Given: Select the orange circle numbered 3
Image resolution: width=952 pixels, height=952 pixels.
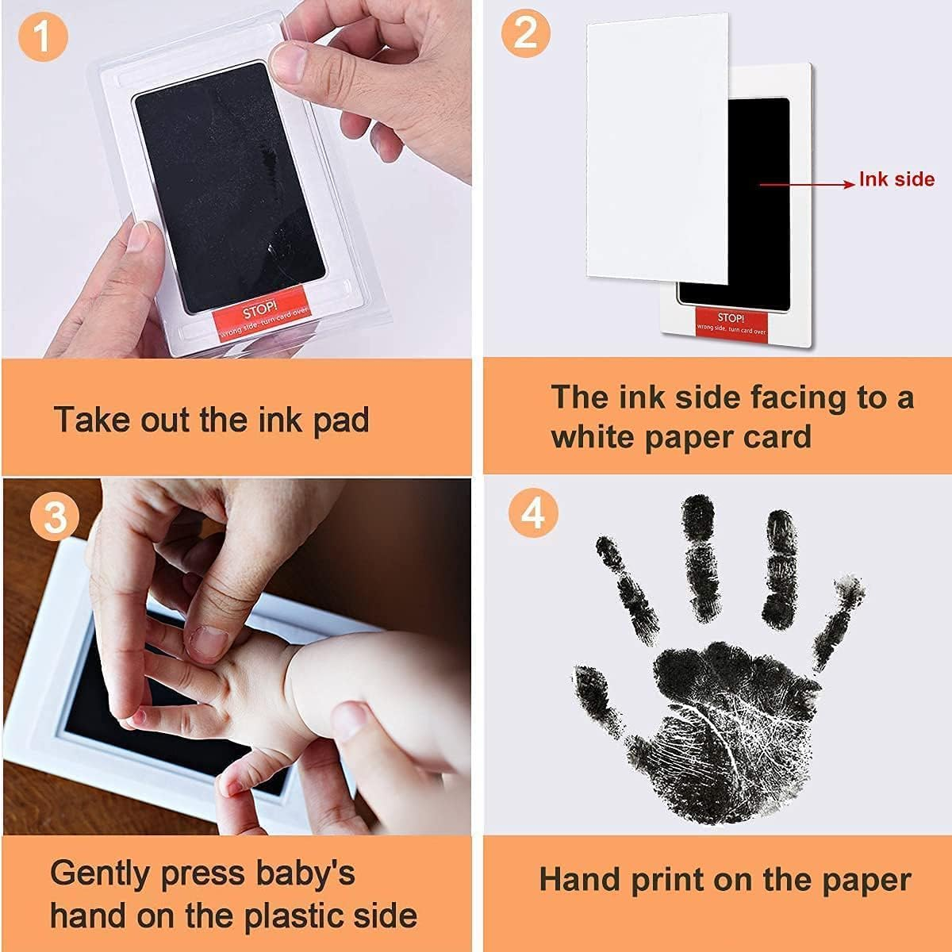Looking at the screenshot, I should [55, 516].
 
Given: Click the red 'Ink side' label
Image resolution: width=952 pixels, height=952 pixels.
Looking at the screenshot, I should [896, 179].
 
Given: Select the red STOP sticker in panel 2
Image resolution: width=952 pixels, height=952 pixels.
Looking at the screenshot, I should [731, 322].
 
